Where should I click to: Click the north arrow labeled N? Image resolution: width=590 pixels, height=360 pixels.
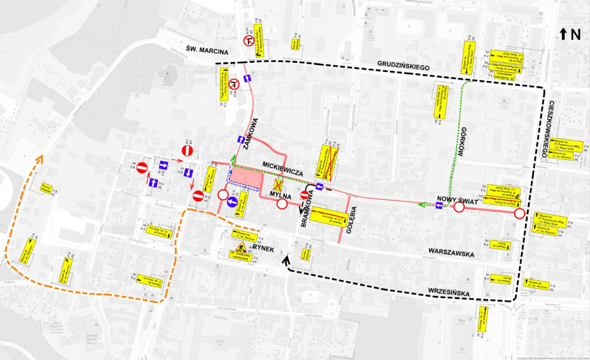(x=569, y=35)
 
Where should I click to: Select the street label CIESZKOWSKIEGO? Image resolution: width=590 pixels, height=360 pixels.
(x=553, y=124)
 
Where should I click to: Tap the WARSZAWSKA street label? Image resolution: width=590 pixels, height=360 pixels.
(x=451, y=252)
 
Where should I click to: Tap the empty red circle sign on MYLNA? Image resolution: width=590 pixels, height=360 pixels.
(x=282, y=204)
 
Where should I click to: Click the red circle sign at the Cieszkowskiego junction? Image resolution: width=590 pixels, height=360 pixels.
(x=519, y=214)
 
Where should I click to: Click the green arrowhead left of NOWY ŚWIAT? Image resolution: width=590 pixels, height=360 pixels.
(x=421, y=204)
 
